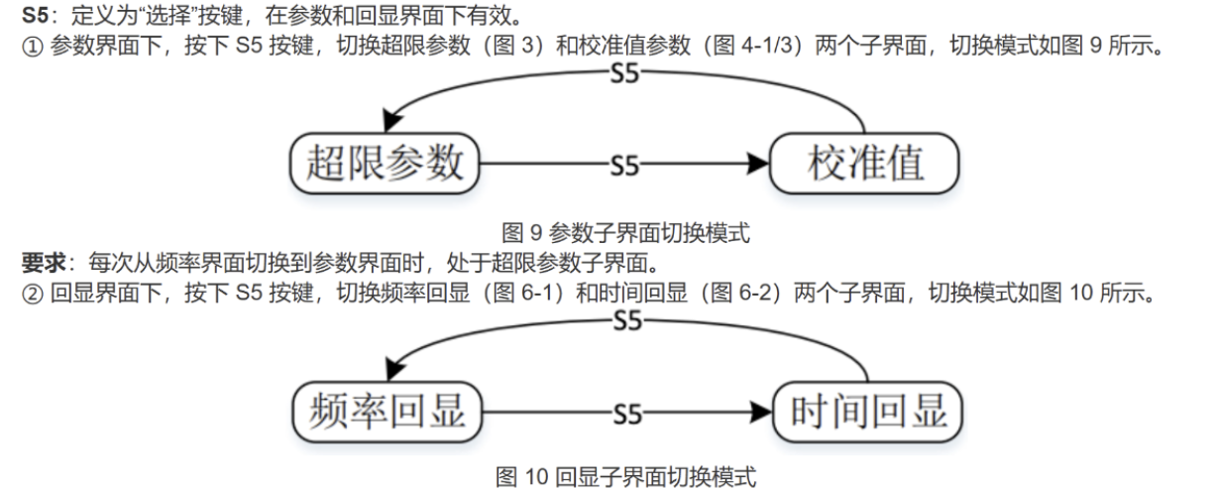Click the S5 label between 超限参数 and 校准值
click(624, 166)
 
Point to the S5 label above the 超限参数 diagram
click(624, 73)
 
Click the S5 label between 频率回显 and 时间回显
click(626, 414)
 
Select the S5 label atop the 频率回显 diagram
click(626, 321)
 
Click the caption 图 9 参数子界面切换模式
click(625, 233)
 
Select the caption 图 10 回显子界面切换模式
click(625, 476)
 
